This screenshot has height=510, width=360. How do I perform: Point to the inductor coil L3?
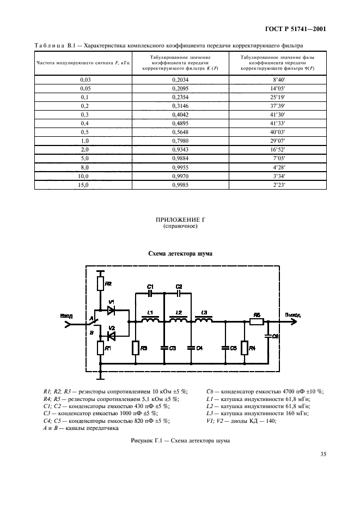click(x=204, y=321)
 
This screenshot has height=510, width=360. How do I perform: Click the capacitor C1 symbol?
click(x=151, y=293)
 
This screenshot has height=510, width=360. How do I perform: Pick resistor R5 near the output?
click(x=257, y=322)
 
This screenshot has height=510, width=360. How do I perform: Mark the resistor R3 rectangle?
click(x=136, y=348)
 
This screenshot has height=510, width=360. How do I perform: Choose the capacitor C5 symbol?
click(x=225, y=347)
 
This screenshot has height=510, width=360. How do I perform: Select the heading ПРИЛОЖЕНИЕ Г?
click(x=180, y=220)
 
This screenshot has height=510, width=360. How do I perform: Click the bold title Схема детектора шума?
click(x=180, y=253)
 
